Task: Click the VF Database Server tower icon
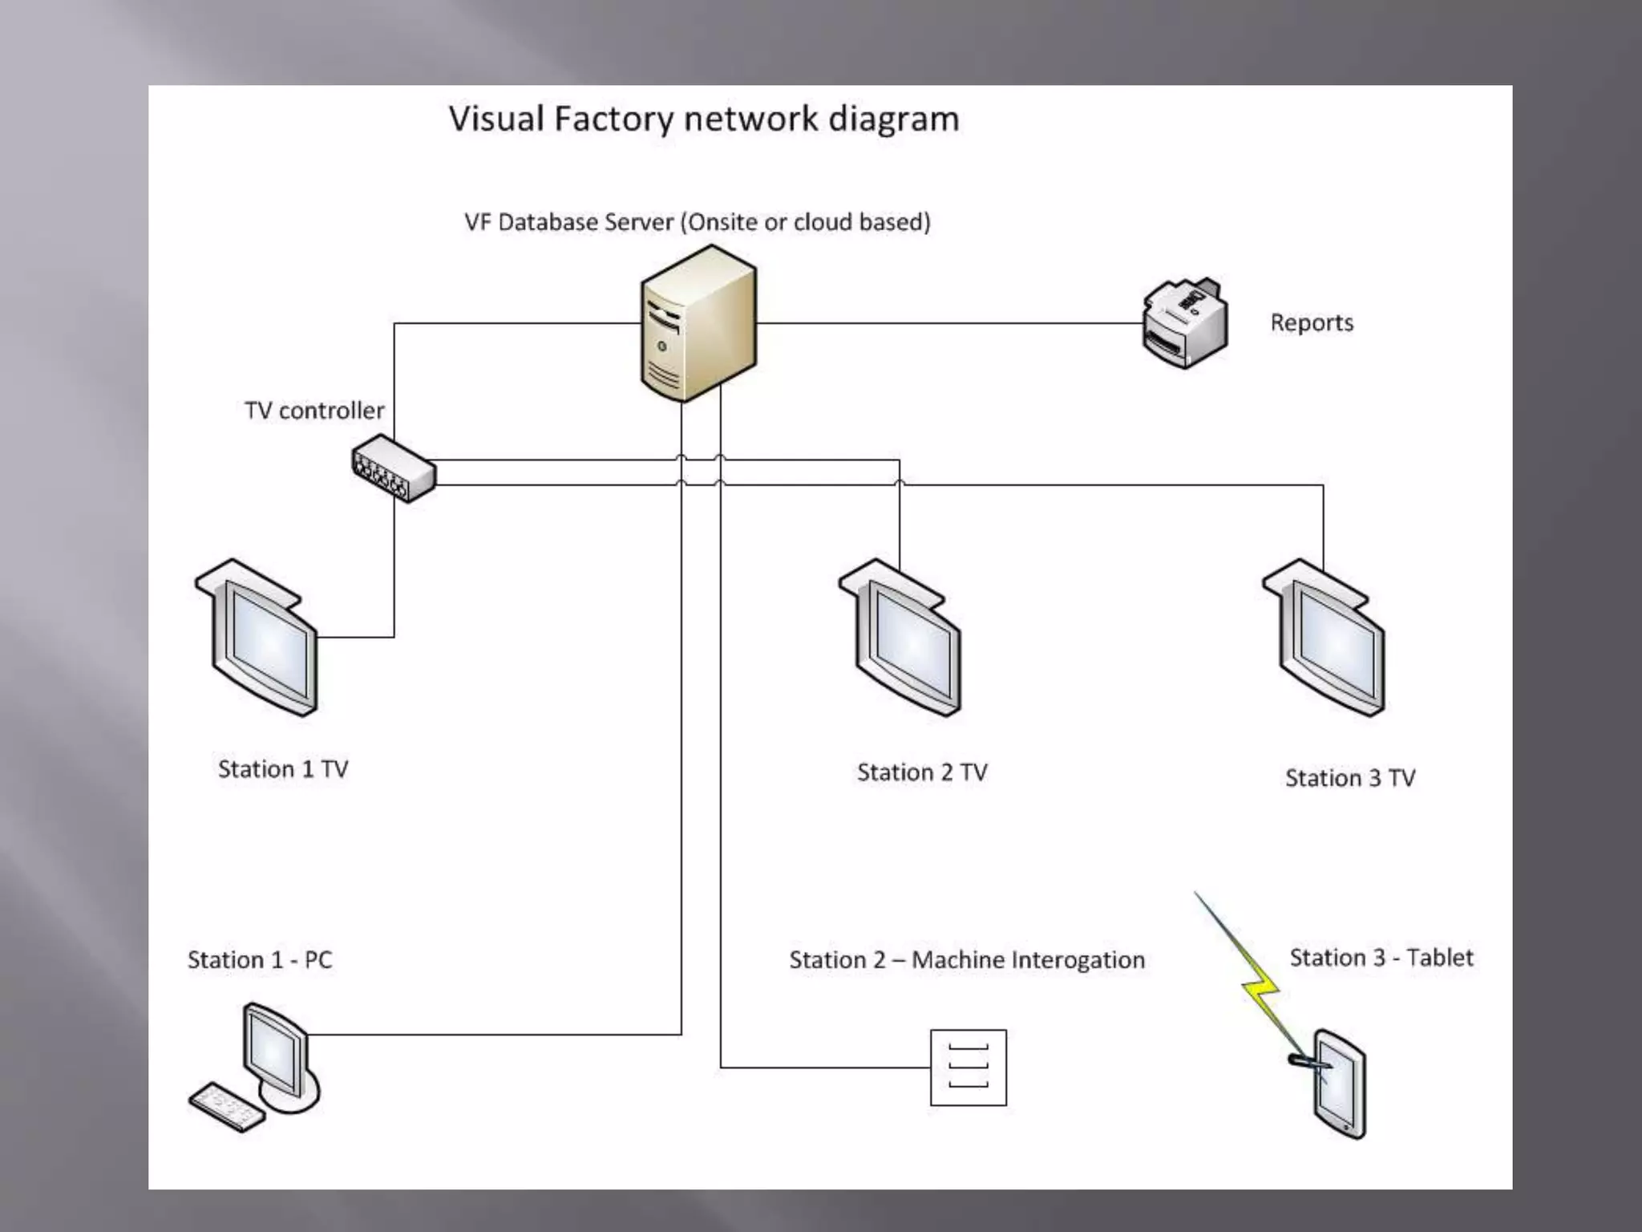tap(698, 324)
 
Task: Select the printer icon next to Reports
tap(1184, 323)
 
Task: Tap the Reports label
tap(1312, 322)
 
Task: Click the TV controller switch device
tap(394, 468)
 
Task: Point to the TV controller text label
tap(314, 411)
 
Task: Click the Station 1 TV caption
tap(283, 769)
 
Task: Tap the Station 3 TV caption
tap(1350, 778)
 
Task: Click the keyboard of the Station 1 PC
tap(226, 1108)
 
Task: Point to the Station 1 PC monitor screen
tap(273, 1052)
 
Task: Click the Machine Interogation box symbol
tap(968, 1068)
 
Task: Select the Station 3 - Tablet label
tap(1381, 958)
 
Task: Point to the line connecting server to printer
tap(946, 323)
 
